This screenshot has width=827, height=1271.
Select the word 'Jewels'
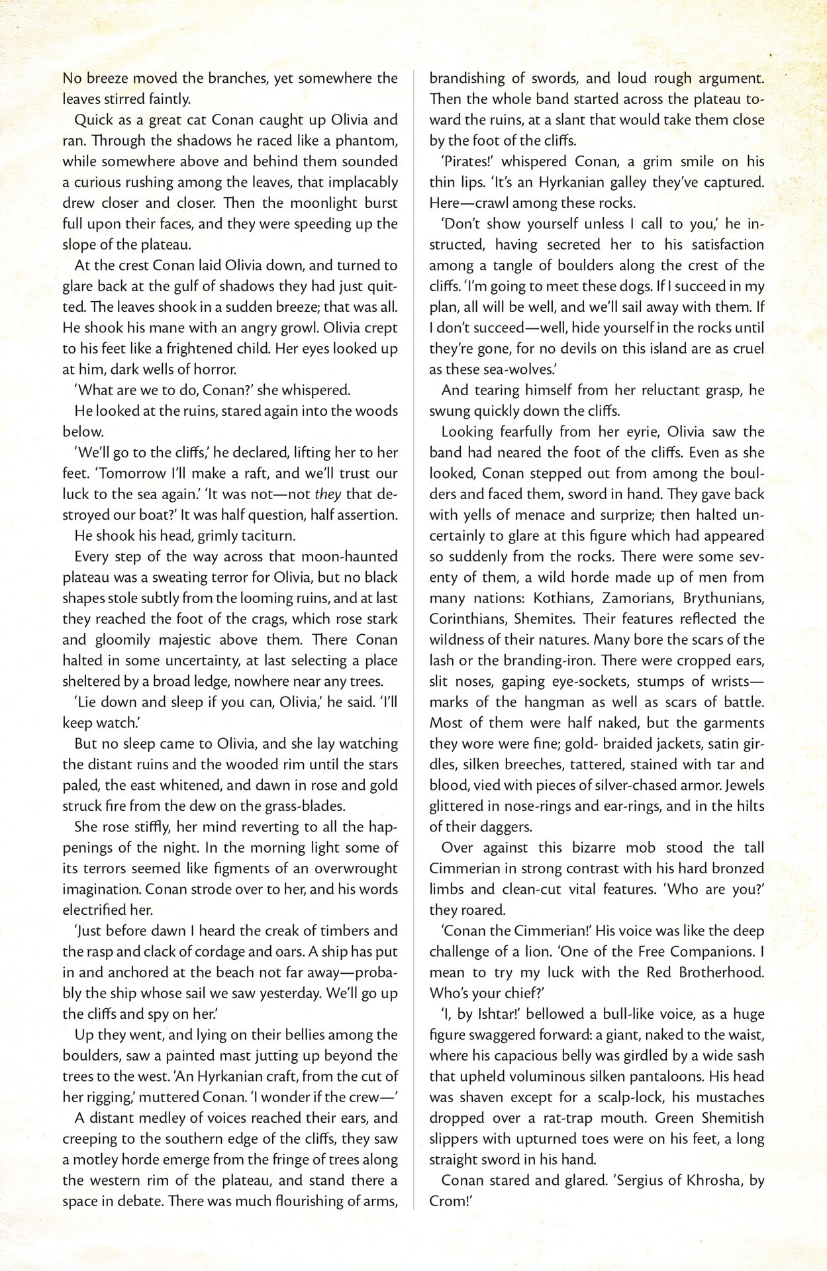(745, 785)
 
